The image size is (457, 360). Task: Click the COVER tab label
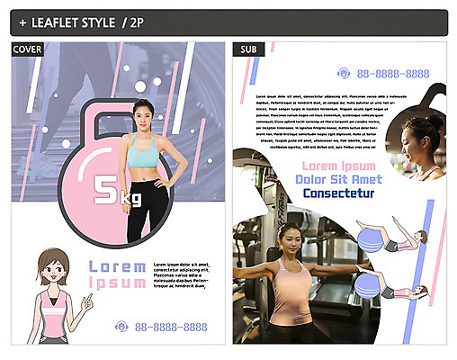coord(27,49)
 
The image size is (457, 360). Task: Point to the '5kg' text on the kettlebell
coord(117,191)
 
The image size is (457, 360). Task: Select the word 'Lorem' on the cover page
coord(117,266)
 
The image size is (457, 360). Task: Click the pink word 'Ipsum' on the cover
coord(117,283)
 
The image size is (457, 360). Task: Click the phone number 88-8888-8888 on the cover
coord(171,327)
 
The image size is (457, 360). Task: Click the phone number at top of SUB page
coord(393,74)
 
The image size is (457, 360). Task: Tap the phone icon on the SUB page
coord(344,74)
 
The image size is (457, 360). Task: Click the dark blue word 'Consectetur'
coord(344,193)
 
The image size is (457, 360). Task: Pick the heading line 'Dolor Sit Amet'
coord(338,179)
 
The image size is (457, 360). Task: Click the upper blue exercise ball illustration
coord(372,238)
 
